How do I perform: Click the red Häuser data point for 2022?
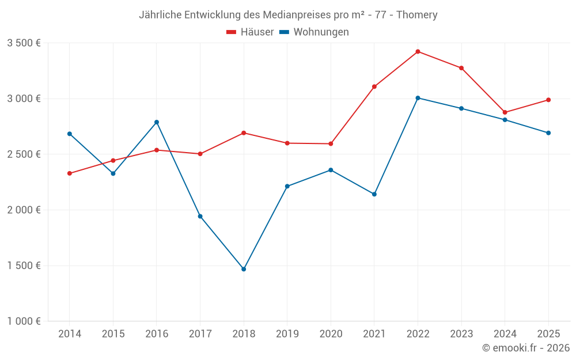pyautogui.click(x=418, y=52)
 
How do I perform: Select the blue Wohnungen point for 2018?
pyautogui.click(x=244, y=269)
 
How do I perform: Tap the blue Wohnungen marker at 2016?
pyautogui.click(x=157, y=122)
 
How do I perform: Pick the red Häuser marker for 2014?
pyautogui.click(x=70, y=173)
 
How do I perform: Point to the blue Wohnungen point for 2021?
pyautogui.click(x=374, y=194)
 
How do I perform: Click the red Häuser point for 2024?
pyautogui.click(x=505, y=112)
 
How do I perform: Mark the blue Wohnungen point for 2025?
pyautogui.click(x=548, y=133)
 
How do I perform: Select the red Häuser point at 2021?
pyautogui.click(x=374, y=87)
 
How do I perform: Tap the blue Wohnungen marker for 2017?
pyautogui.click(x=200, y=217)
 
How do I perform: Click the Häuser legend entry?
pyautogui.click(x=250, y=32)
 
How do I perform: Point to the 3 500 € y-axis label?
pyautogui.click(x=24, y=43)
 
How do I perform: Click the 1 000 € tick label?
pyautogui.click(x=24, y=321)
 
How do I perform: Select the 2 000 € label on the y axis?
pyautogui.click(x=24, y=210)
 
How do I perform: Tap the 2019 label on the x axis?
pyautogui.click(x=287, y=334)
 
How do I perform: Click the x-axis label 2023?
pyautogui.click(x=461, y=334)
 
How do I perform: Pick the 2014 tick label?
pyautogui.click(x=70, y=334)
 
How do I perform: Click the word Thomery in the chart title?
pyautogui.click(x=416, y=15)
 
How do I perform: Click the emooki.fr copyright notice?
pyautogui.click(x=526, y=348)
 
